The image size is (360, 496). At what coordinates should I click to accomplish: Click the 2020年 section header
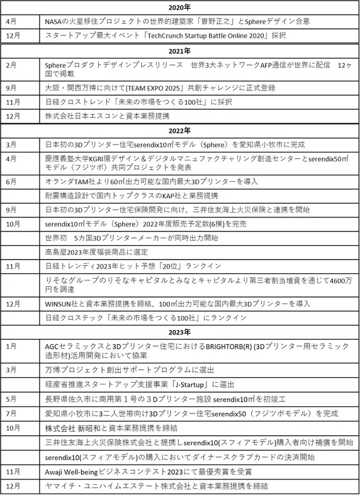[x=179, y=7]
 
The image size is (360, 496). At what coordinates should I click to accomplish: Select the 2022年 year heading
[x=179, y=130]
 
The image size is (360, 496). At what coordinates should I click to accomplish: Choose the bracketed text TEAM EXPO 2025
[x=153, y=88]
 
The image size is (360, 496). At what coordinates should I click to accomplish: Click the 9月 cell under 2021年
[x=12, y=88]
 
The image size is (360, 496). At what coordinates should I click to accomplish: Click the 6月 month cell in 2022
[x=12, y=181]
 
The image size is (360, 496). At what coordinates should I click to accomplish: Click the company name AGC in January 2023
[x=53, y=347]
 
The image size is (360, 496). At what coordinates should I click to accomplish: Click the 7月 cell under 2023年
[x=12, y=413]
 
